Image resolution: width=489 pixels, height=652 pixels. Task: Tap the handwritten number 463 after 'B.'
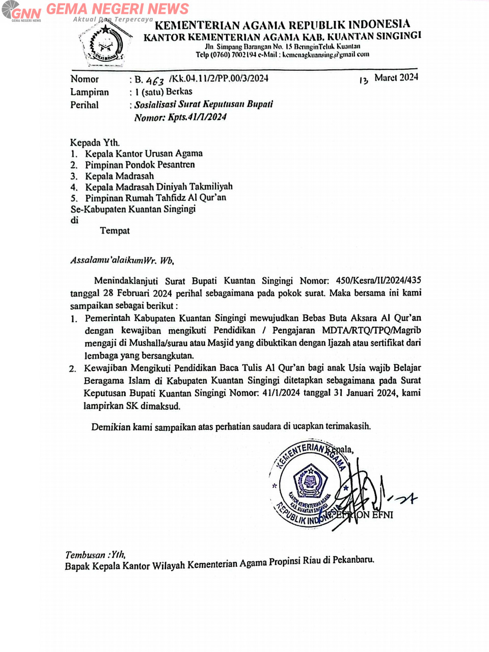pyautogui.click(x=155, y=80)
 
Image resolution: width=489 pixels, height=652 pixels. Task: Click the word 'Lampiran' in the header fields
pyautogui.click(x=90, y=92)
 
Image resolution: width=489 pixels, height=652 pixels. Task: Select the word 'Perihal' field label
pyautogui.click(x=85, y=105)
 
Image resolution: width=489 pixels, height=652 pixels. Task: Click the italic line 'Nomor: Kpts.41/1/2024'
pyautogui.click(x=180, y=117)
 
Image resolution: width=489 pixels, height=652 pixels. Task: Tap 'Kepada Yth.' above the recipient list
pyautogui.click(x=95, y=143)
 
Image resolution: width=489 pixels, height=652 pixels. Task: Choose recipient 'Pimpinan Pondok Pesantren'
pyautogui.click(x=140, y=165)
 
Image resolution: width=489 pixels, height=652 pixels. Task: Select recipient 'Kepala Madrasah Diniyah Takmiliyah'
pyautogui.click(x=158, y=187)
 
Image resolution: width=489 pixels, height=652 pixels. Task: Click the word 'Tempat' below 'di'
pyautogui.click(x=115, y=230)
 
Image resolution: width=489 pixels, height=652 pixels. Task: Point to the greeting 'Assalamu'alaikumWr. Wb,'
pyautogui.click(x=122, y=260)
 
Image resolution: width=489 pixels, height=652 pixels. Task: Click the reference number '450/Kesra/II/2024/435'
pyautogui.click(x=378, y=280)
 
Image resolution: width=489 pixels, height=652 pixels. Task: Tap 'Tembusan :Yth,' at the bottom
pyautogui.click(x=95, y=555)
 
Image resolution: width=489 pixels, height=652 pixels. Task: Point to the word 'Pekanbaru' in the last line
pyautogui.click(x=353, y=560)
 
